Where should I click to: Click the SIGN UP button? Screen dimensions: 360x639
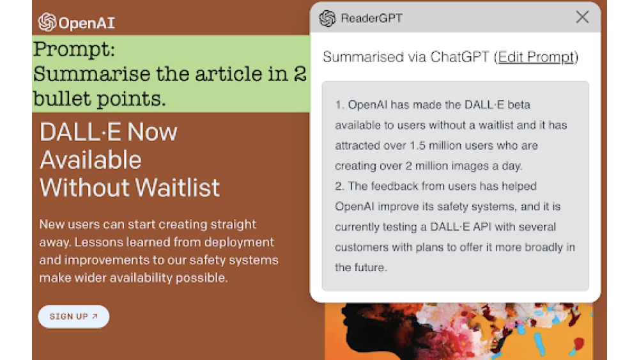[73, 317]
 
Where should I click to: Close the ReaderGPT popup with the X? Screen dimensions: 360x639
[582, 17]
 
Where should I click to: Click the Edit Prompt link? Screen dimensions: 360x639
[536, 57]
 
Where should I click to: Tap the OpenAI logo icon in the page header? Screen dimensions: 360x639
[47, 22]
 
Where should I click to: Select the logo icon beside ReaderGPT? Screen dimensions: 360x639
[327, 19]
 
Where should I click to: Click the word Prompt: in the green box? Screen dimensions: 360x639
[74, 49]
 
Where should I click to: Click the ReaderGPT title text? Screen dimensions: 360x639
[371, 19]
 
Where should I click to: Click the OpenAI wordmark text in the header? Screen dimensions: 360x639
[86, 24]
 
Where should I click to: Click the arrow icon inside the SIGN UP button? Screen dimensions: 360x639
[95, 317]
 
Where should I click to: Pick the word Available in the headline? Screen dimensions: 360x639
[91, 160]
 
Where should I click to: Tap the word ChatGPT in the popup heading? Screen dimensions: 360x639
[460, 57]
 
